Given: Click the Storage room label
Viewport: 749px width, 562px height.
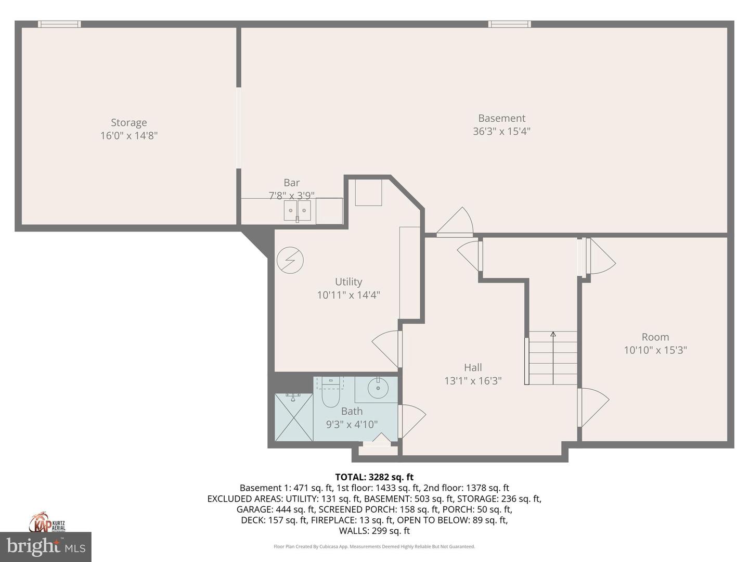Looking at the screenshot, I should point(128,123).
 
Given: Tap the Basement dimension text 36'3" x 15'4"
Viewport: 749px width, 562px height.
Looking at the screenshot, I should point(501,131).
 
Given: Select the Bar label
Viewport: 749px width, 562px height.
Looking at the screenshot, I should point(291,183).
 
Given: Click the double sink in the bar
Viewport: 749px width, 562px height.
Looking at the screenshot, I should point(297,211).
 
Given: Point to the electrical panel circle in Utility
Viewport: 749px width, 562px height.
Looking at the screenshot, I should point(290,260).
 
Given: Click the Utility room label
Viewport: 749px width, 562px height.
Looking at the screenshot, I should point(348,282).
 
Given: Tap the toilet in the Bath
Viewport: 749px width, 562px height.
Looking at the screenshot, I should point(330,395).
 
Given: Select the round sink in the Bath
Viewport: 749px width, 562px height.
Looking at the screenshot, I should point(378,388).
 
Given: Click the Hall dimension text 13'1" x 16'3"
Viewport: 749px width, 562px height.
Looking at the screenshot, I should point(473,381).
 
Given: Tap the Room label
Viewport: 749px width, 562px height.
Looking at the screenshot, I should point(655,337).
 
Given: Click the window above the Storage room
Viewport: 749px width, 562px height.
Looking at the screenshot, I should point(59,24).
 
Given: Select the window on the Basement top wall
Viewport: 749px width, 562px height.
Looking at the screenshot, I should point(509,24).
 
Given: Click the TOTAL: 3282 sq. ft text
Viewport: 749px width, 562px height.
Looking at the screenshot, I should point(374,477).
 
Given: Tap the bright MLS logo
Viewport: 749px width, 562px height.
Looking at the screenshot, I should point(45,546).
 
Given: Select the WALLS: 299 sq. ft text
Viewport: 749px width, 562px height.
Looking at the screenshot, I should point(374,531).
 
